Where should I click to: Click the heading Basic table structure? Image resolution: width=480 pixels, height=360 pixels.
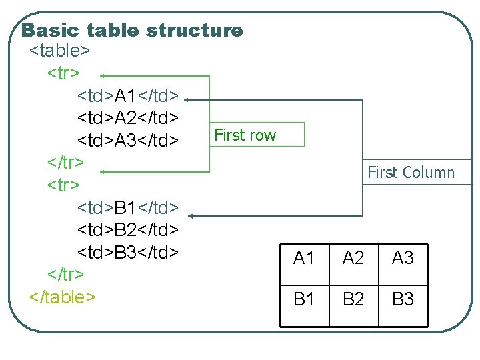pyautogui.click(x=132, y=30)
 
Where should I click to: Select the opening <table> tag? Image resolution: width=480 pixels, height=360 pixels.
pyautogui.click(x=60, y=51)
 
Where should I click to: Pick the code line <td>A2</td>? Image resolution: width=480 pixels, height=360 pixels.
pyautogui.click(x=128, y=118)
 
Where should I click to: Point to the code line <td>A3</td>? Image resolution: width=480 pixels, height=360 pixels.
pyautogui.click(x=128, y=141)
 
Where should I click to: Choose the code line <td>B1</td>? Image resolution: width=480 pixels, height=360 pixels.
pyautogui.click(x=128, y=207)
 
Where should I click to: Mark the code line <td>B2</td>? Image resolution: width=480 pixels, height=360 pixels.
pyautogui.click(x=128, y=230)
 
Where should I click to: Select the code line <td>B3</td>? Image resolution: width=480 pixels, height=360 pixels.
pyautogui.click(x=128, y=253)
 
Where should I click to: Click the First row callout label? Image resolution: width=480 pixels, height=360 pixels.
pyautogui.click(x=245, y=135)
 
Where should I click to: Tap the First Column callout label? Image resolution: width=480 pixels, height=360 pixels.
pyautogui.click(x=411, y=173)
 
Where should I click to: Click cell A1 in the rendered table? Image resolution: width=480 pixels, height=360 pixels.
pyautogui.click(x=304, y=258)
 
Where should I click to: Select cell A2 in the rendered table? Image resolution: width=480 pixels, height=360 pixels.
pyautogui.click(x=353, y=258)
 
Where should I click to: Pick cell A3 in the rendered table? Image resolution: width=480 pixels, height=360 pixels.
pyautogui.click(x=403, y=258)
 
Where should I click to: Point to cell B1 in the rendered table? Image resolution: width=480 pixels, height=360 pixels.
pyautogui.click(x=304, y=299)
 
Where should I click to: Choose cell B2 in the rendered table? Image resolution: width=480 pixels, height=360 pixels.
pyautogui.click(x=353, y=299)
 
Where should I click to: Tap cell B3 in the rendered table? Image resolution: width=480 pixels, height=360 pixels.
pyautogui.click(x=403, y=299)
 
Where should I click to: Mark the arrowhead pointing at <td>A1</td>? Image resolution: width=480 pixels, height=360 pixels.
pyautogui.click(x=189, y=100)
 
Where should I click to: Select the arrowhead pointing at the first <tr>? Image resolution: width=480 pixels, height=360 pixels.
pyautogui.click(x=105, y=77)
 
